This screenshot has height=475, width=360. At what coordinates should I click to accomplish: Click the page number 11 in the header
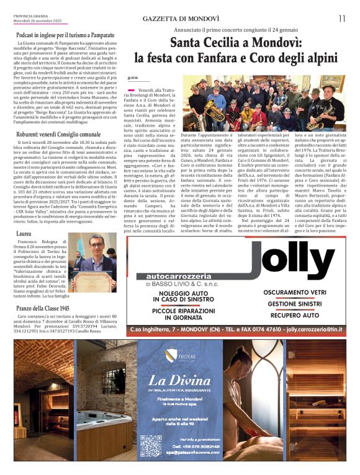(x=341, y=19)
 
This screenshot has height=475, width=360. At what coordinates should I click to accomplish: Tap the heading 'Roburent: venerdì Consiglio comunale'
(x=60, y=134)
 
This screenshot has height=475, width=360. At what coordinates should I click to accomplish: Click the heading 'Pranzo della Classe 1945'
(x=43, y=308)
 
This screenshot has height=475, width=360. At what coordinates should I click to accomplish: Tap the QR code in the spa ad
(x=150, y=445)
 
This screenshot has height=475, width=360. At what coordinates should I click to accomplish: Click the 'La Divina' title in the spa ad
(x=179, y=380)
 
